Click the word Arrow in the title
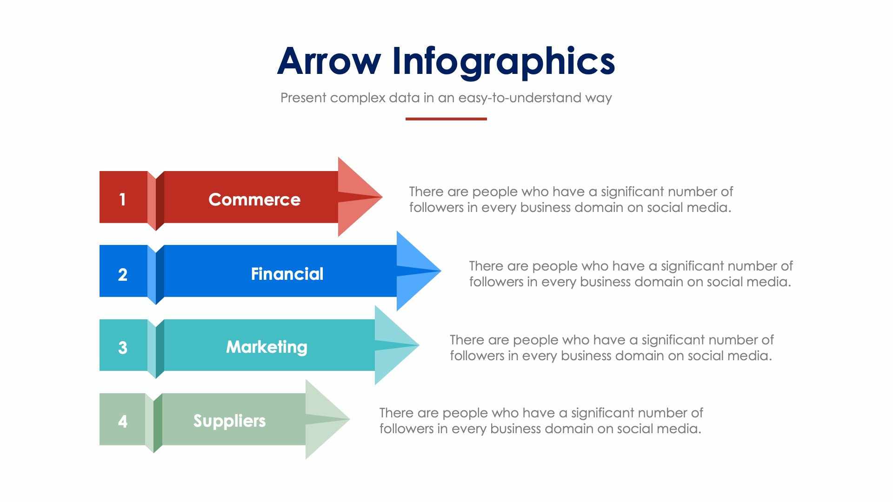[329, 61]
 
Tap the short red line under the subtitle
[446, 119]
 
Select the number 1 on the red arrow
[122, 199]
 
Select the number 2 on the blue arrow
[122, 274]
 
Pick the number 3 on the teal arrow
[122, 348]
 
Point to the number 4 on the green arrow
[122, 422]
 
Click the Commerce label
[254, 199]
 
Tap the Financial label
[287, 274]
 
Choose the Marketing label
[267, 347]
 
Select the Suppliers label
[229, 421]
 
